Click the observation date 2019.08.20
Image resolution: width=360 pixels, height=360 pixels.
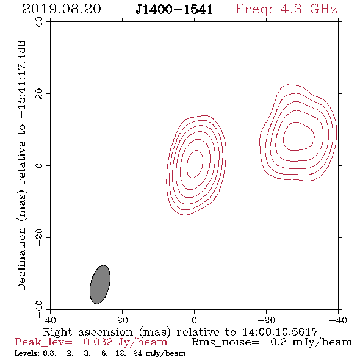click(x=62, y=9)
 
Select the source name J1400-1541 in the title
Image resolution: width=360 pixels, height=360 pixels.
click(x=174, y=9)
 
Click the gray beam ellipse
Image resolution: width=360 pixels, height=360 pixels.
click(x=100, y=284)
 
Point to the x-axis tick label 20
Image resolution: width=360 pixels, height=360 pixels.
click(x=122, y=320)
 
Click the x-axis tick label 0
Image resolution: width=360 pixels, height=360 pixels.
click(x=194, y=320)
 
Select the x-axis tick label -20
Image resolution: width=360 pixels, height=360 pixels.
click(x=266, y=320)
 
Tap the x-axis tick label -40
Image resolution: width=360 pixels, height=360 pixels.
click(x=338, y=320)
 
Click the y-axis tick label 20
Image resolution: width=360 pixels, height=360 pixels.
click(x=39, y=94)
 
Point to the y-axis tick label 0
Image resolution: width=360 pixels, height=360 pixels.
click(x=39, y=165)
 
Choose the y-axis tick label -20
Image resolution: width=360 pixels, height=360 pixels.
click(x=39, y=237)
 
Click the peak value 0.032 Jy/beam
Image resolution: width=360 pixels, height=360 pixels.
click(x=125, y=342)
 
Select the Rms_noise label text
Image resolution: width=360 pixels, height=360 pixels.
click(x=225, y=342)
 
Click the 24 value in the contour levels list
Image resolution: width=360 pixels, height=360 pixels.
click(x=137, y=353)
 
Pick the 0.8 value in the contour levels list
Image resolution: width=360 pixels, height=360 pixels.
click(x=49, y=353)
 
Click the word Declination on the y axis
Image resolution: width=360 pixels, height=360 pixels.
click(x=21, y=259)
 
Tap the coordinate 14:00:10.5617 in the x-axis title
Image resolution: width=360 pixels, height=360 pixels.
click(x=280, y=332)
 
